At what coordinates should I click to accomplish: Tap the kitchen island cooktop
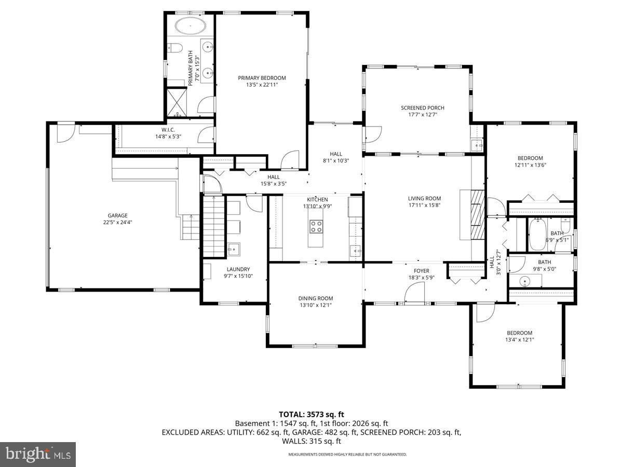point(317,226)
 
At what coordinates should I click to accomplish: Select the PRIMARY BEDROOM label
point(262,78)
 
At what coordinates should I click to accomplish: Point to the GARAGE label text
point(117,215)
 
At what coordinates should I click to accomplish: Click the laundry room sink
point(234,250)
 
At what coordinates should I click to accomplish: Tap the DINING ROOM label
point(315,298)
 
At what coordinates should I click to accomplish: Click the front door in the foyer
point(414,296)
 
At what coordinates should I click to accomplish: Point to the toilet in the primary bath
point(175,48)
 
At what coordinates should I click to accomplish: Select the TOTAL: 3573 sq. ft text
point(311,415)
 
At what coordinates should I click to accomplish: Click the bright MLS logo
point(38,454)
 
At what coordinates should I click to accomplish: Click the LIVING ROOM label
point(424,198)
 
